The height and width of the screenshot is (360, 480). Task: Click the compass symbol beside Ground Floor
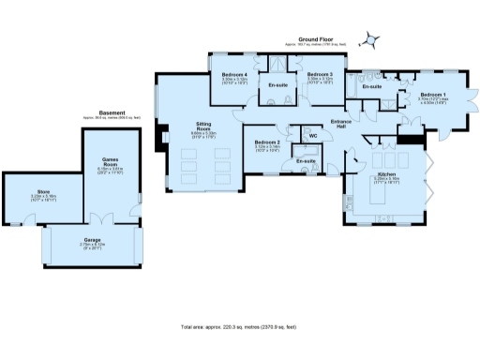[x=373, y=39]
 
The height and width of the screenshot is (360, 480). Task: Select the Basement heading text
[x=111, y=113]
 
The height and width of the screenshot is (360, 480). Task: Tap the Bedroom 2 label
[x=268, y=143]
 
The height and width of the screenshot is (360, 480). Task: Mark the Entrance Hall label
[x=341, y=124]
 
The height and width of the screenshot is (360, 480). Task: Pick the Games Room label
[x=113, y=163]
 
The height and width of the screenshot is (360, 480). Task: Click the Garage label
[x=92, y=241]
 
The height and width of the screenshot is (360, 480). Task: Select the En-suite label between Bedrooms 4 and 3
[x=278, y=86]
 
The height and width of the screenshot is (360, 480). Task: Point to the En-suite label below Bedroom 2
[x=306, y=161]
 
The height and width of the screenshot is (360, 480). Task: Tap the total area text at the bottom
[x=239, y=326]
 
